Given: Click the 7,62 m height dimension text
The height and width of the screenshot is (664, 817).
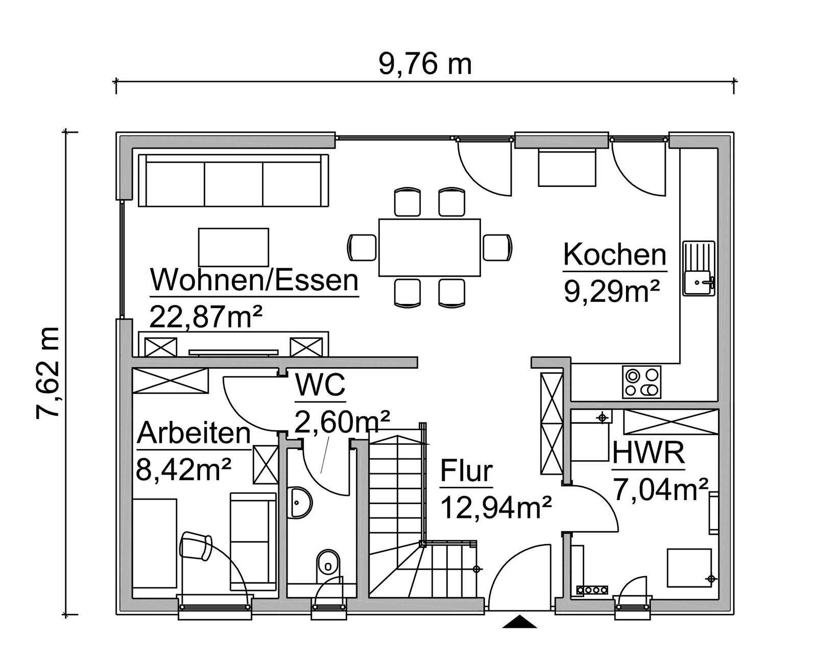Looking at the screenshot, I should coord(49,373).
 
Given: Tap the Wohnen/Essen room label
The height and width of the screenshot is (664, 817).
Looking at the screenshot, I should coord(254,280).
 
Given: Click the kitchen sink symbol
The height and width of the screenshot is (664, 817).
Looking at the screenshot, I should coord(699,268).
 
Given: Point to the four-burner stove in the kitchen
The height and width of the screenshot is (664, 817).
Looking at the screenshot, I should coord(641,382).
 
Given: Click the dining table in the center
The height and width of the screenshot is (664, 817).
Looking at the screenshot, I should coord(429,247).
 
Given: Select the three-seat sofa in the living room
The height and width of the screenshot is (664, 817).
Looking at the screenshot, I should coord(233,180).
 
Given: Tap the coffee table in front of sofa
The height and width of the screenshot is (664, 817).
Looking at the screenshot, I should coord(233,247).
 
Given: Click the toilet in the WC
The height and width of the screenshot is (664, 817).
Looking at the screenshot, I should coord(327,565).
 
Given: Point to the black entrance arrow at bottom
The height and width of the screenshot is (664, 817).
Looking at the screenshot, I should coord(519,622).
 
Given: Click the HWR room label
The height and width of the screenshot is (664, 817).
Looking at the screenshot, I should coord(648,453).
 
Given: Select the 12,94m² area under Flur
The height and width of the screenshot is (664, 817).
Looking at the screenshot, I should coord(495,508).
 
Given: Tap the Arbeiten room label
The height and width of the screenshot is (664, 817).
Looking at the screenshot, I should coord(194,434).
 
